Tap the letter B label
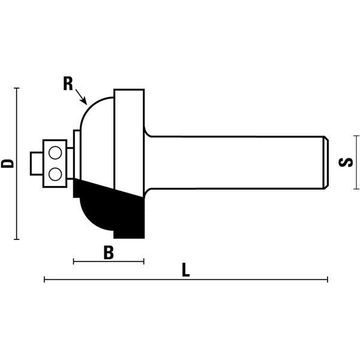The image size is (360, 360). (x=109, y=253)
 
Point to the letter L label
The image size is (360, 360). (x=186, y=271)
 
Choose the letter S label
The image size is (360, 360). (x=346, y=163)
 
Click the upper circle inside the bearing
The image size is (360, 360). (x=56, y=154)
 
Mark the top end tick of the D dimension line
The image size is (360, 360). (x=17, y=88)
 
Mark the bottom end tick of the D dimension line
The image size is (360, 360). (x=17, y=239)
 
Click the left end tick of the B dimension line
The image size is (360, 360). (x=73, y=261)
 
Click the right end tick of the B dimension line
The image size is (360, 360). (x=144, y=261)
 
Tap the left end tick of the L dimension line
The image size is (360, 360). (x=44, y=279)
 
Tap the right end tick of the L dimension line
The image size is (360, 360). (x=328, y=279)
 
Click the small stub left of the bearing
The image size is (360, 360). (x=35, y=163)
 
